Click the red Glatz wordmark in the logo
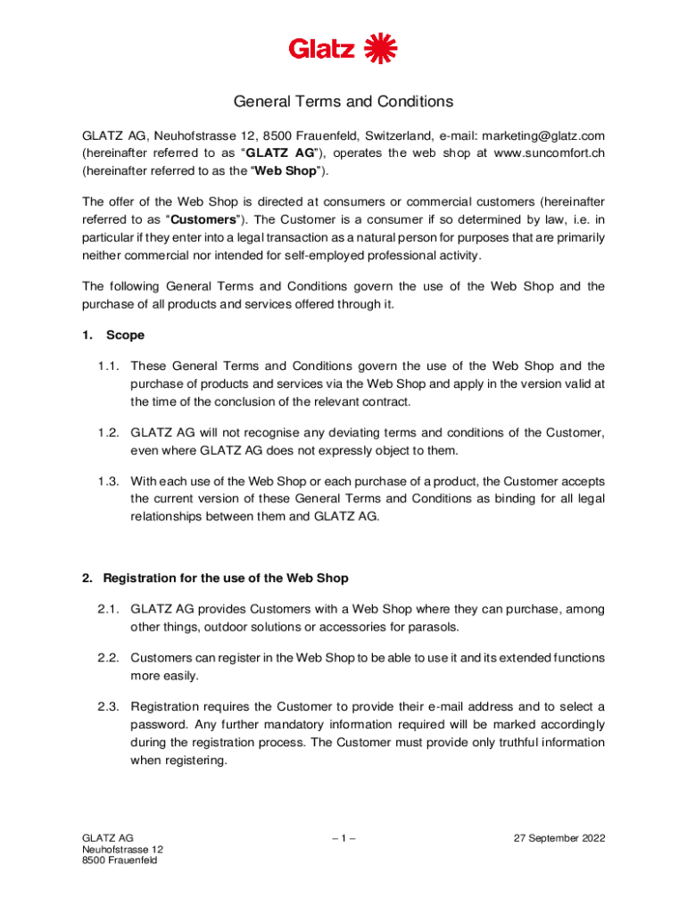tap(321, 48)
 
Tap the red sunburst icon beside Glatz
tap(381, 47)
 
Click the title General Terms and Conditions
tap(343, 102)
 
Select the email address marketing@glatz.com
tap(530, 136)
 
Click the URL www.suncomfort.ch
tap(549, 152)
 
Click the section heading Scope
tap(125, 336)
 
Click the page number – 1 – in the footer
tap(343, 839)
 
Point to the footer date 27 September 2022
tap(559, 839)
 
